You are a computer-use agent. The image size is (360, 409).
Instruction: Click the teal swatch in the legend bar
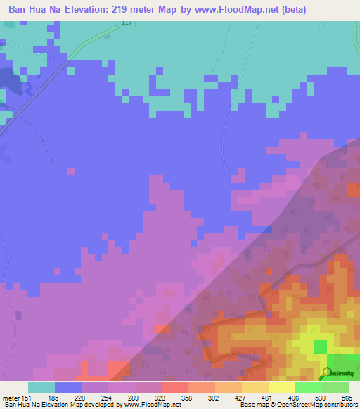tap(41, 387)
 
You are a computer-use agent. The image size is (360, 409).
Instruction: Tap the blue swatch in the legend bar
tap(68, 387)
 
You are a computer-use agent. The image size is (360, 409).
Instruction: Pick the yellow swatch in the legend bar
tap(282, 387)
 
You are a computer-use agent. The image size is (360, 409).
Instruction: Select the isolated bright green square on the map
tap(321, 347)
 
